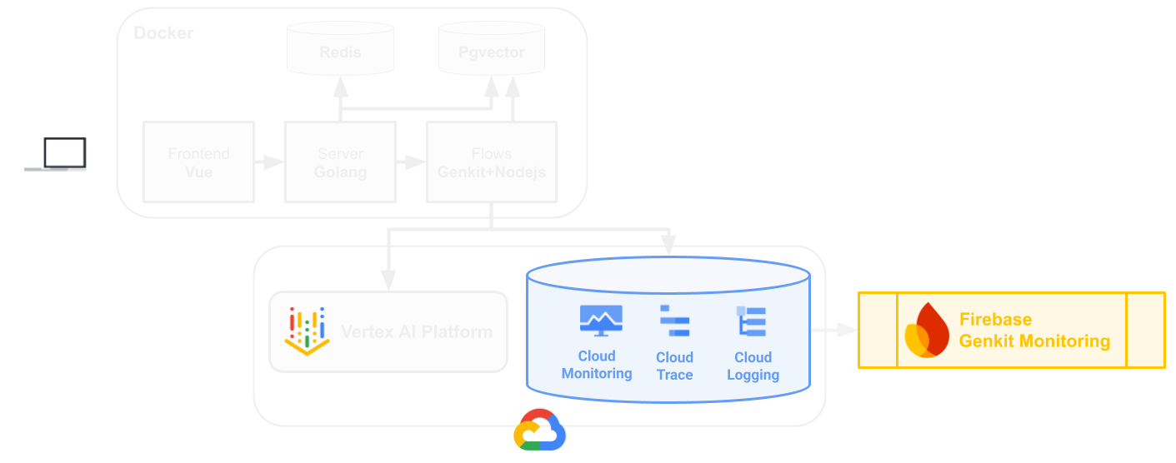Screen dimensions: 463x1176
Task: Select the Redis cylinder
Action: coord(339,50)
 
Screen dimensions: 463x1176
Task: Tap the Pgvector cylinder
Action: coord(492,50)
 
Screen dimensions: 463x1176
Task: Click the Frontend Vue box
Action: coord(198,162)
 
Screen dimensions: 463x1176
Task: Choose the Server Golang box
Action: coord(340,162)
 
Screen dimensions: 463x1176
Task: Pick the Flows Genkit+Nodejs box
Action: coord(491,162)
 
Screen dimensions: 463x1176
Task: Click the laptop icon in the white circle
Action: coord(56,154)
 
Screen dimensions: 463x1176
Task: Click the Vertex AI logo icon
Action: coord(308,331)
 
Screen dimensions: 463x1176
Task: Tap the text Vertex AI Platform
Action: coord(417,331)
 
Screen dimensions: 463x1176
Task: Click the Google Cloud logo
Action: coord(539,430)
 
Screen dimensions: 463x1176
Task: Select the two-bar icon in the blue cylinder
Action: coord(682,325)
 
